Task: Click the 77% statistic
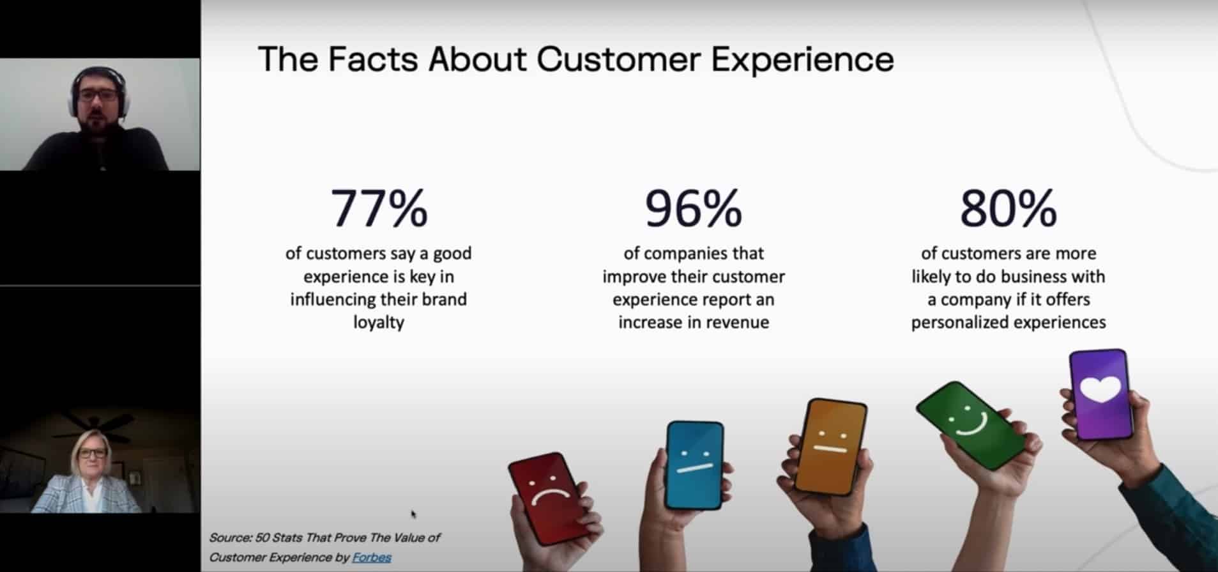[379, 208]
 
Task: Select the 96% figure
[694, 208]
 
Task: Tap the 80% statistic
[1009, 208]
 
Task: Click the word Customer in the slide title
[618, 59]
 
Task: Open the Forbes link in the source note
[372, 557]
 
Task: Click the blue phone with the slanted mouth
[694, 465]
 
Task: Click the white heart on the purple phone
[1100, 389]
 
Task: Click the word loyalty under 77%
[379, 322]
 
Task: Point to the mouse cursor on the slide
[413, 514]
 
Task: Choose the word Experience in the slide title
[802, 60]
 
